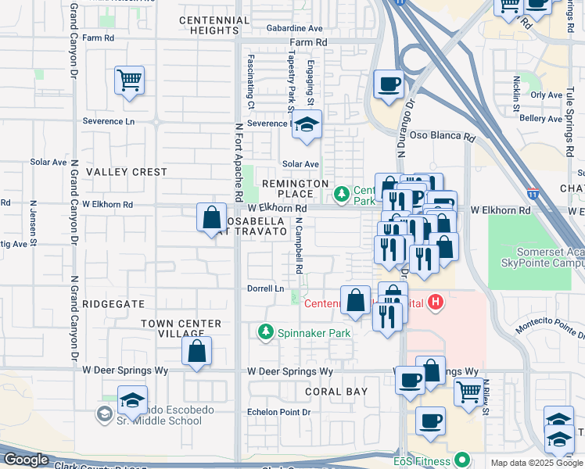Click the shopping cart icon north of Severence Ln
(129, 81)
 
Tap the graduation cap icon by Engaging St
(307, 125)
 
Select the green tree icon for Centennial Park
(342, 193)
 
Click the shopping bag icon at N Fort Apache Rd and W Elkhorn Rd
(211, 218)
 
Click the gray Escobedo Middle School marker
(105, 413)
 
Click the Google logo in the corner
(26, 460)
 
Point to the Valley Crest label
(127, 171)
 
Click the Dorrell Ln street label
(264, 288)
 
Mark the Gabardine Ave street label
(294, 27)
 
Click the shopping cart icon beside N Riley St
(468, 391)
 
